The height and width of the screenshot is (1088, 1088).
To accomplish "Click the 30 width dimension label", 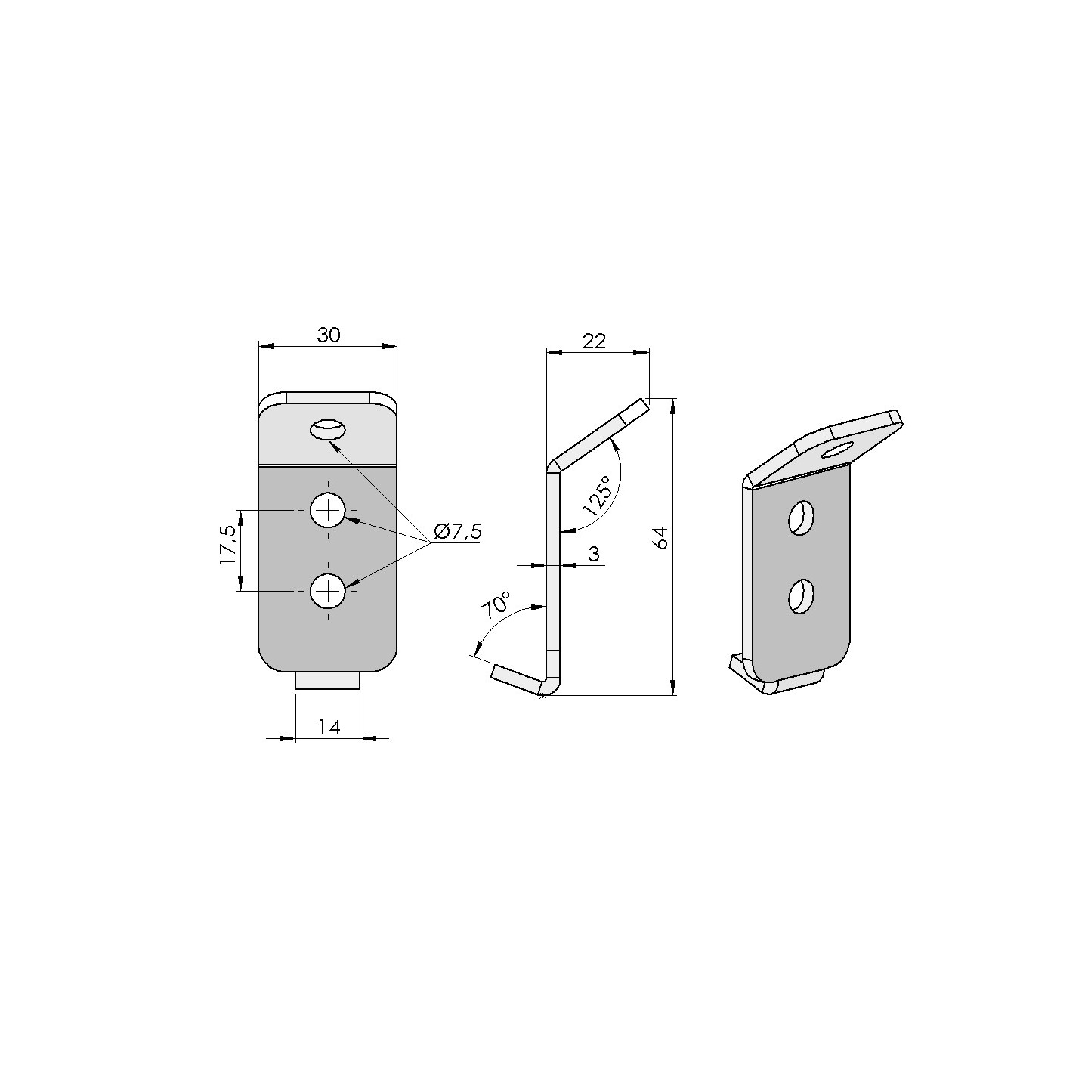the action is click(329, 335).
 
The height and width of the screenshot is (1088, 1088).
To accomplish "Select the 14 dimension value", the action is click(329, 727).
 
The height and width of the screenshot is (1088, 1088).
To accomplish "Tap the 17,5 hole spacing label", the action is click(228, 546).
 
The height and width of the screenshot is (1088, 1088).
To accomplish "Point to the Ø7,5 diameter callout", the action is click(458, 530).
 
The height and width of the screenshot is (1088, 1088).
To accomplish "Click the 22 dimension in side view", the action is click(593, 341).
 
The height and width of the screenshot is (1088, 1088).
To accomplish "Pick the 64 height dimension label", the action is click(660, 537).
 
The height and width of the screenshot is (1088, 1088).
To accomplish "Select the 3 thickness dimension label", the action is click(594, 554).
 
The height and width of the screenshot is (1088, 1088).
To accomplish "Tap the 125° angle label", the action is click(598, 495).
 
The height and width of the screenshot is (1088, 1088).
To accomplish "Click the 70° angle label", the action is click(496, 606).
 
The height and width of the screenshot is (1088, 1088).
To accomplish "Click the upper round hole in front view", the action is click(327, 511).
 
